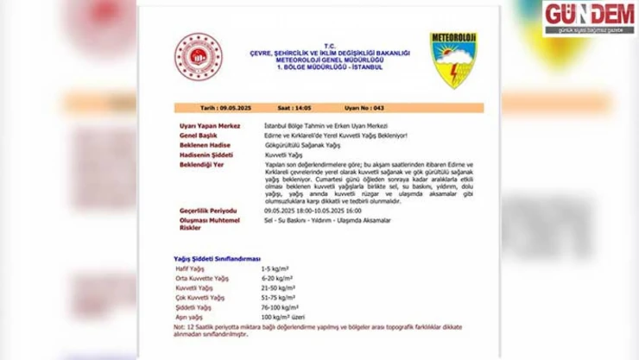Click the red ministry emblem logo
[199, 58]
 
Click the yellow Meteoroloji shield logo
[453, 60]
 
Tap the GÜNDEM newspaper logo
[589, 18]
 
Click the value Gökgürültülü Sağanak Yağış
[295, 145]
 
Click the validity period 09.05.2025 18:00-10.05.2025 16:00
[318, 211]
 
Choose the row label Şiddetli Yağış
[193, 307]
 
